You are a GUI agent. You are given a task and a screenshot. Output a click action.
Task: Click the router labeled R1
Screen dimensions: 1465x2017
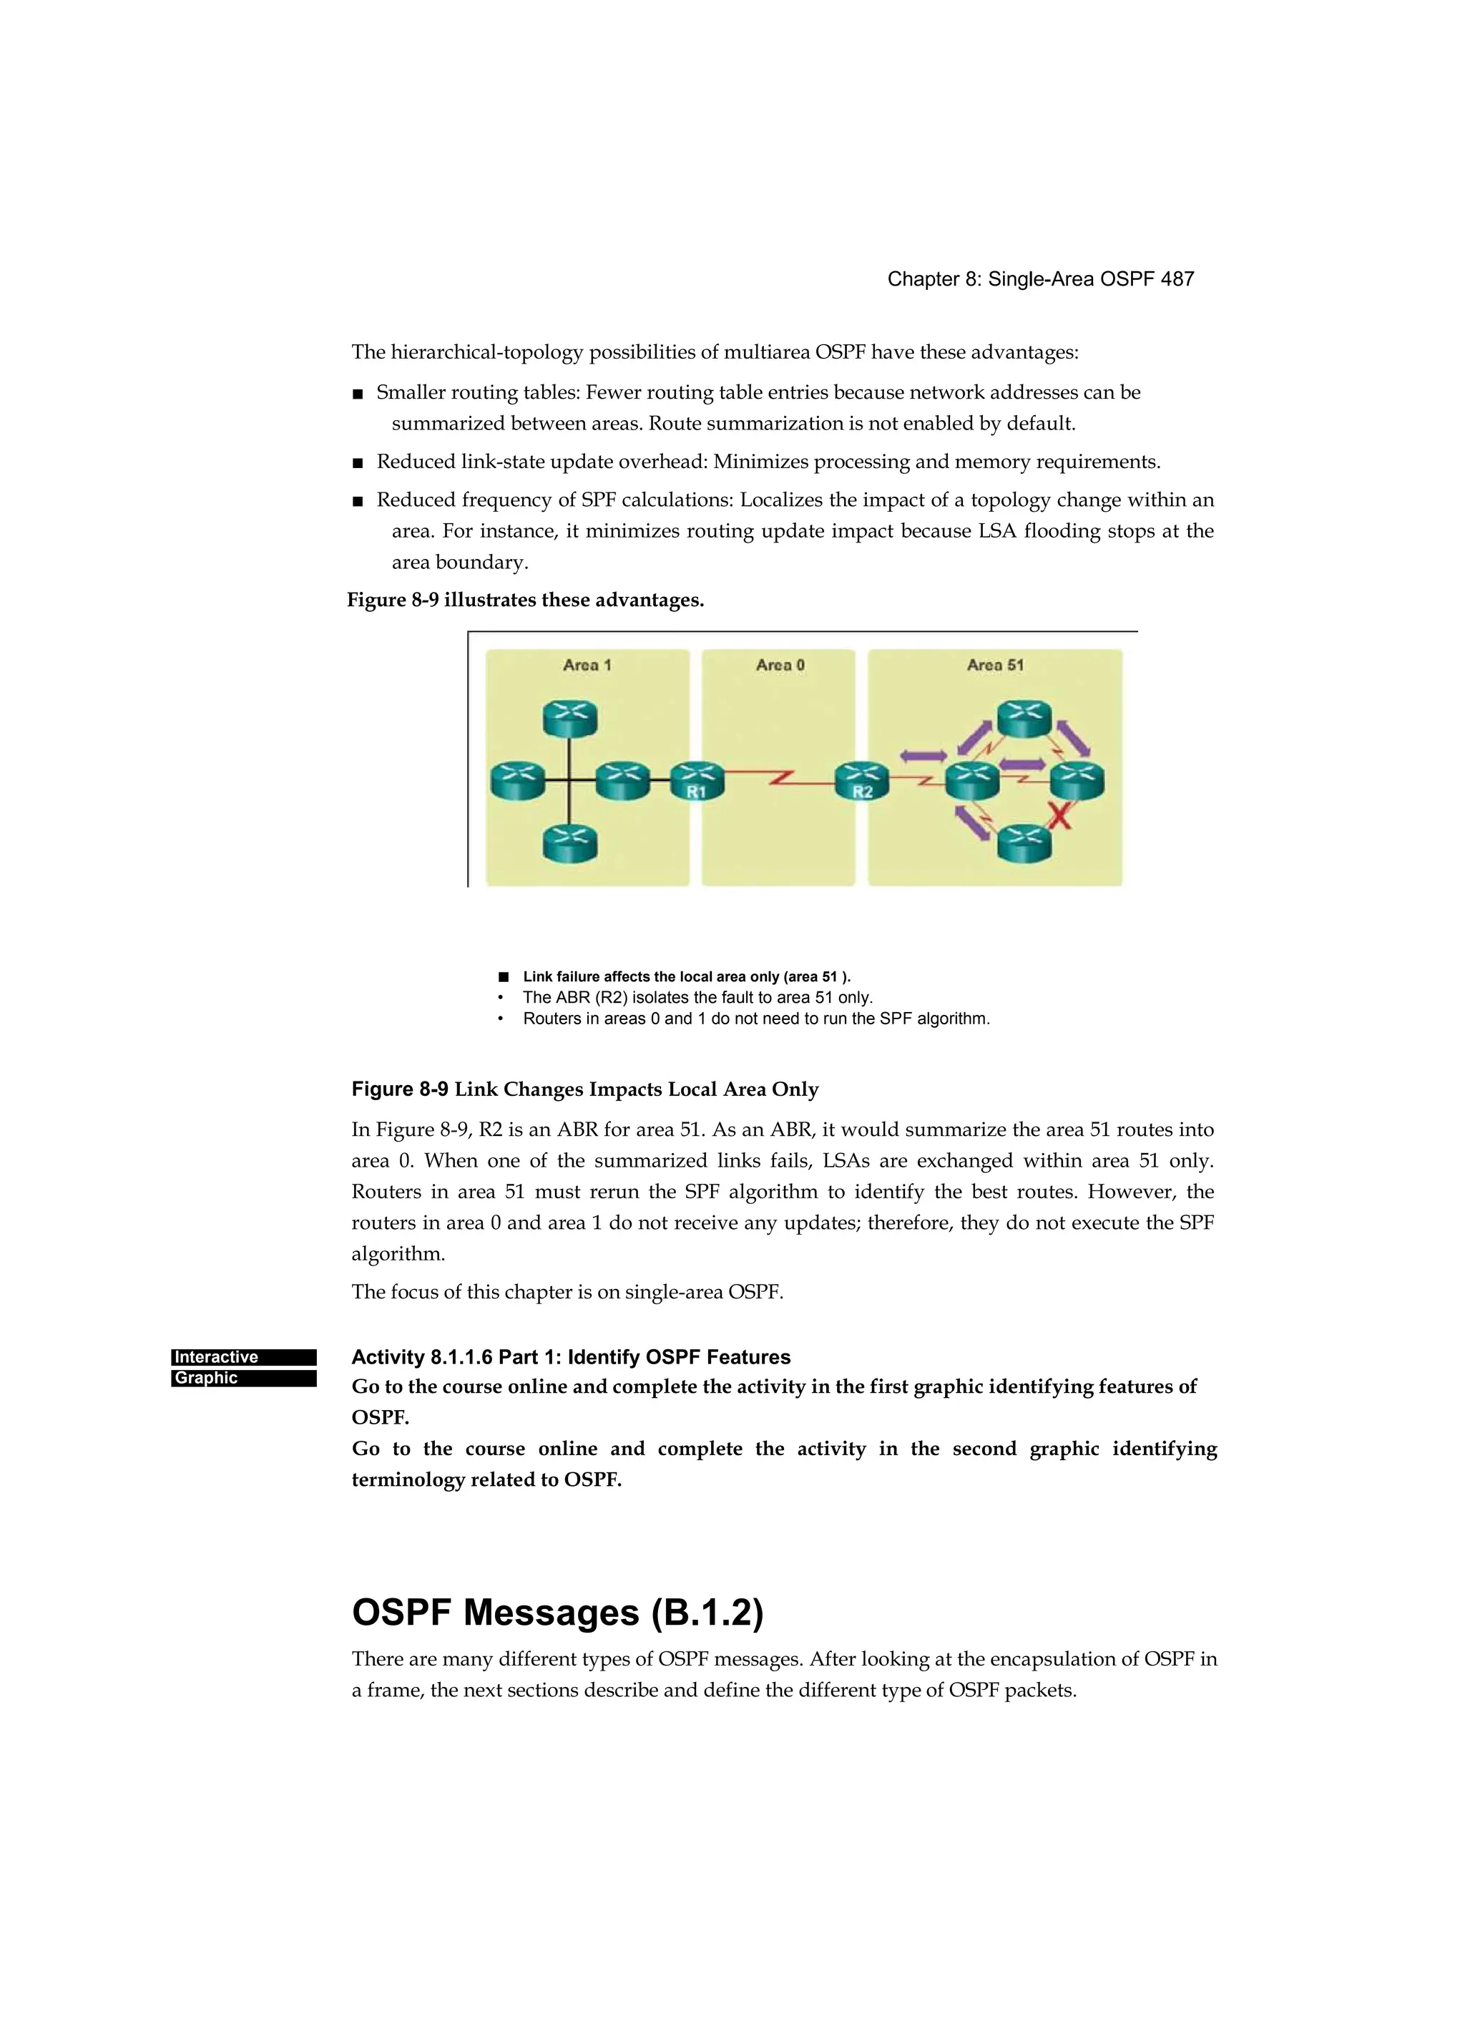tap(697, 781)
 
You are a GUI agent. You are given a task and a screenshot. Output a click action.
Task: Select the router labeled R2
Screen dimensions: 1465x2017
tap(862, 781)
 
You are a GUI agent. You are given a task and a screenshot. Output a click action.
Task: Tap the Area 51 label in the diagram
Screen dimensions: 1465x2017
tap(995, 664)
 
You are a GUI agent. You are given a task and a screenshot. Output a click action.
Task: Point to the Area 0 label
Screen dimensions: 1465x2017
tap(780, 664)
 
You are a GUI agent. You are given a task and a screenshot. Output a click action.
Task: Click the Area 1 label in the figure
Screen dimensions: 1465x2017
tap(587, 664)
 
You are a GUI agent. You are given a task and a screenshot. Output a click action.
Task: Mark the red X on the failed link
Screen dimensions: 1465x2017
tap(1059, 815)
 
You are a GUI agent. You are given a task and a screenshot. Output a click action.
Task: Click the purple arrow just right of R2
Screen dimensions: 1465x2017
tap(923, 756)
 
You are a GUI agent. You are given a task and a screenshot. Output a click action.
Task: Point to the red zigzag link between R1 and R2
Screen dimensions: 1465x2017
tap(780, 780)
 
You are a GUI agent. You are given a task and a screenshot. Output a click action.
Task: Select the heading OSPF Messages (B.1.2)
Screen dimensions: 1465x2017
tap(557, 1613)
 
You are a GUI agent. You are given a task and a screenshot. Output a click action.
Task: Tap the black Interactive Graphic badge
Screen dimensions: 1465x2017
tap(244, 1367)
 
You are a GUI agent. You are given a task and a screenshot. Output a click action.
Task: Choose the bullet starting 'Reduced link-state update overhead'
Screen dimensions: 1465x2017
tap(768, 462)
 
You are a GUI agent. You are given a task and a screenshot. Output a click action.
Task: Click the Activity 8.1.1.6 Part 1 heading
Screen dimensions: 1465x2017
tap(571, 1357)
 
